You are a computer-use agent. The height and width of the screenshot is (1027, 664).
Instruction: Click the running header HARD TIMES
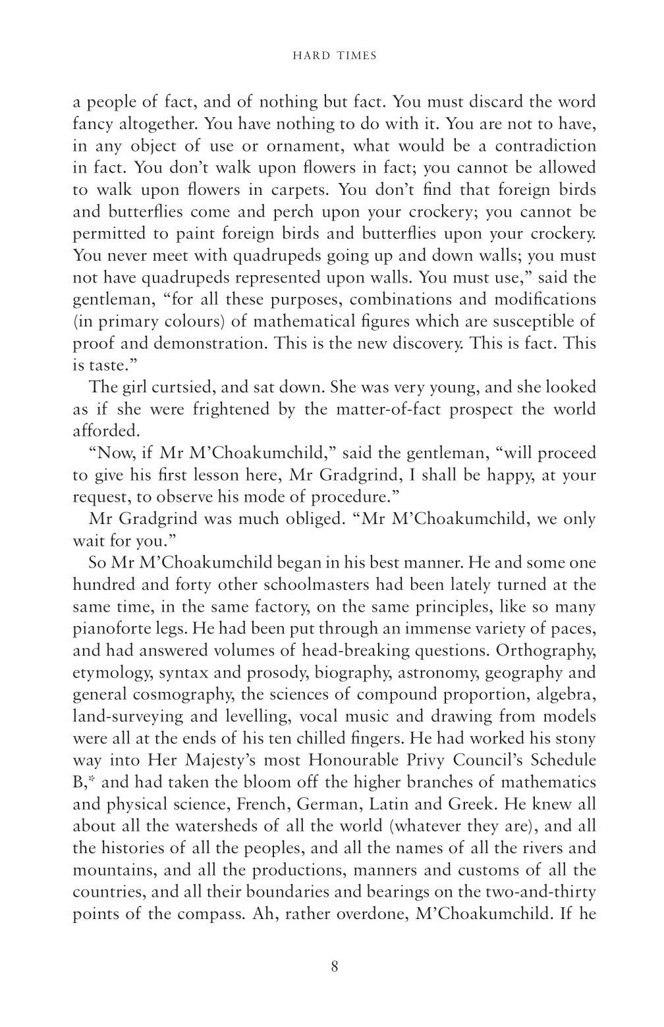coord(334,57)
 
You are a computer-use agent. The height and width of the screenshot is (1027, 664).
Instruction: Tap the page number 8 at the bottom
coord(335,966)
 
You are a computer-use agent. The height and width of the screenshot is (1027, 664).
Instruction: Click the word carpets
coord(300,190)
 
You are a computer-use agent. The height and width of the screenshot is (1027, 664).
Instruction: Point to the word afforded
coord(105,431)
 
